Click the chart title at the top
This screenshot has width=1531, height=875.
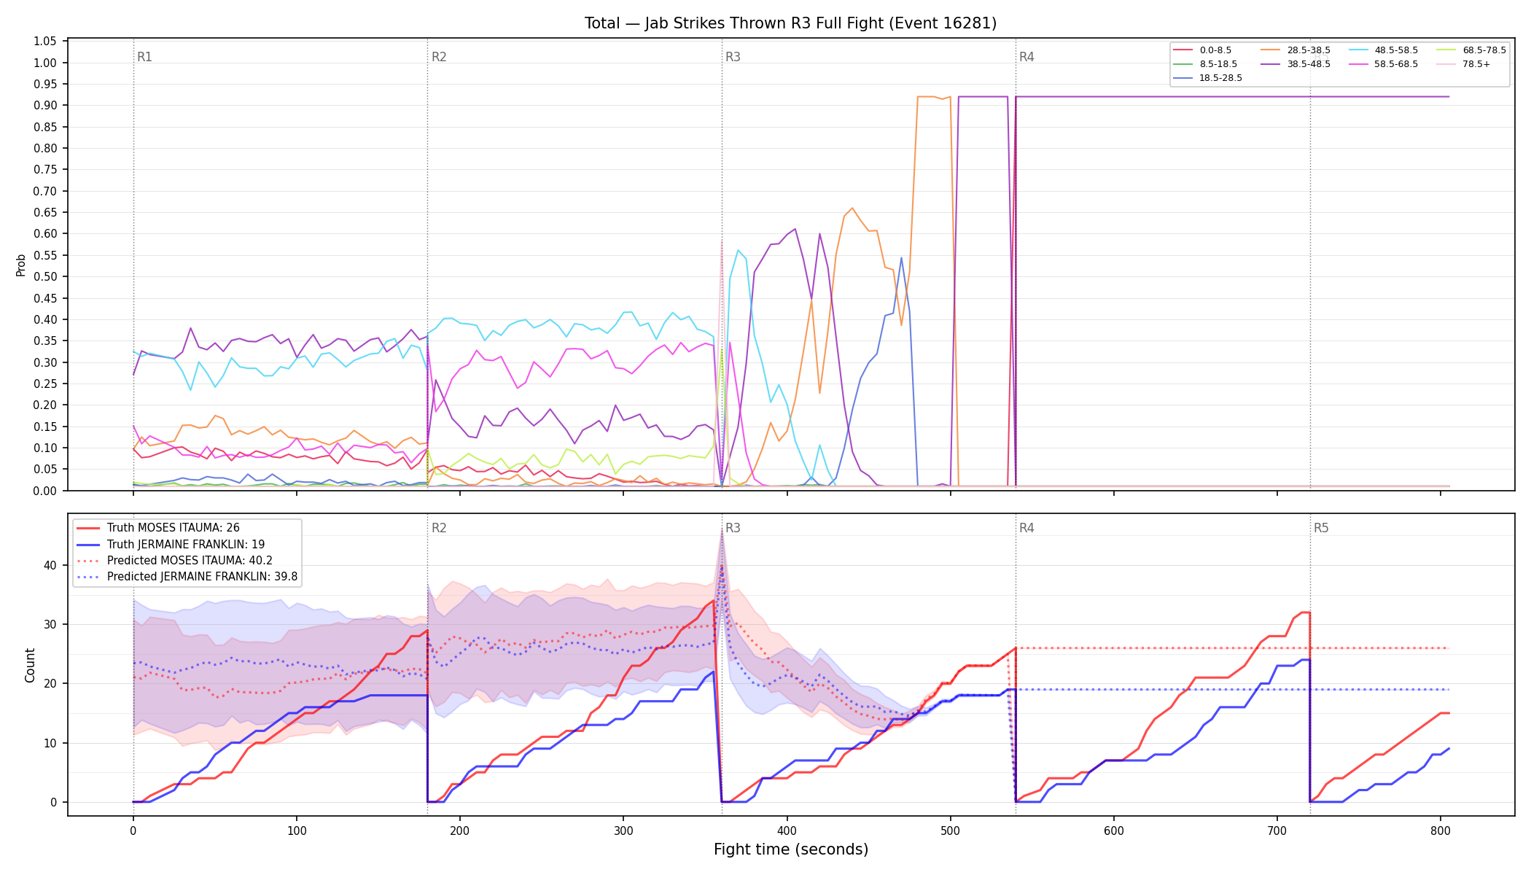pyautogui.click(x=790, y=23)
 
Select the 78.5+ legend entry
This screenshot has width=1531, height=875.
pyautogui.click(x=1463, y=64)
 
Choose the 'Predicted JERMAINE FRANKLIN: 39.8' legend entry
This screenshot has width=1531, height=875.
pyautogui.click(x=187, y=577)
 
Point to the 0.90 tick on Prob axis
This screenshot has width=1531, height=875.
pyautogui.click(x=45, y=106)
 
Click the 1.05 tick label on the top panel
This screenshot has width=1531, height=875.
pyautogui.click(x=45, y=42)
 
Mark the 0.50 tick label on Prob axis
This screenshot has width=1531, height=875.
pyautogui.click(x=45, y=277)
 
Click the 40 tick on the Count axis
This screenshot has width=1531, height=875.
pyautogui.click(x=50, y=565)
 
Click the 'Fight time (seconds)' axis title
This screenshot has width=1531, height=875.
pyautogui.click(x=791, y=849)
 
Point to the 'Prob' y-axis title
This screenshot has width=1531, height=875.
pyautogui.click(x=21, y=265)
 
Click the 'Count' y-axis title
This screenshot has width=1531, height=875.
pyautogui.click(x=30, y=665)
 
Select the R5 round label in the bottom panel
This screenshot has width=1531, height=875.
pyautogui.click(x=1321, y=528)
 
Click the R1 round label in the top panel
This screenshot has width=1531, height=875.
pyautogui.click(x=144, y=57)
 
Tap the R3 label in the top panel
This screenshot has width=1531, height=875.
pyautogui.click(x=733, y=57)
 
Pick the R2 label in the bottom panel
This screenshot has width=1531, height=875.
pyautogui.click(x=439, y=528)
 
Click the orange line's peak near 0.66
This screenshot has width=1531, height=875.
pyautogui.click(x=852, y=208)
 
